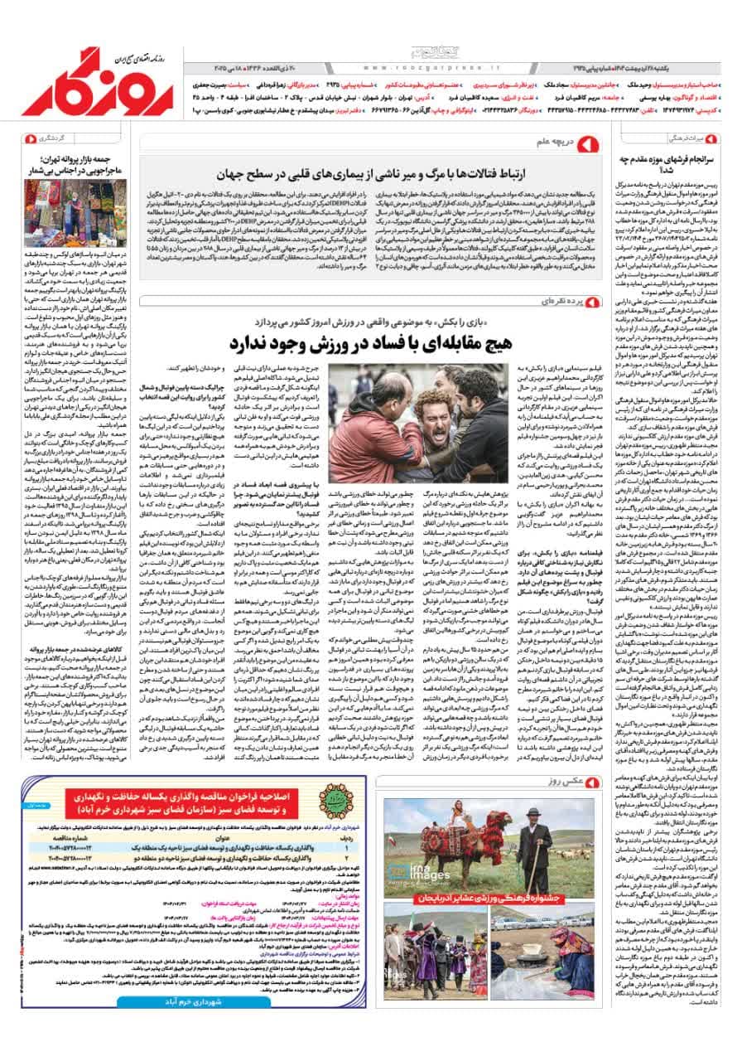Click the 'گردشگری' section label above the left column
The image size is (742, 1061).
click(x=60, y=138)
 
